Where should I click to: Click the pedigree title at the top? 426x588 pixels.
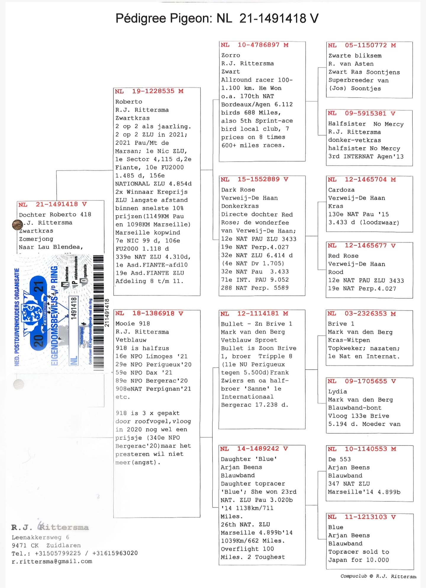217,18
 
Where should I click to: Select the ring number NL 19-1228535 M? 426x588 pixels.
149,91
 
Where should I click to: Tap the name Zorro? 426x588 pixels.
231,55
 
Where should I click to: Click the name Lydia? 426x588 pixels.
338,392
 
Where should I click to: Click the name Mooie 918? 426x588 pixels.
133,324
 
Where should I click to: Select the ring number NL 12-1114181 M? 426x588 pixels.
254,314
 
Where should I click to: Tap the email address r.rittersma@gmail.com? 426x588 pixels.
52,561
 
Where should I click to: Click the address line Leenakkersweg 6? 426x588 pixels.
41,537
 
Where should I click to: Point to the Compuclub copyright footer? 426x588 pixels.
378,576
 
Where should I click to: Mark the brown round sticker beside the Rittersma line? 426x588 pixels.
17,225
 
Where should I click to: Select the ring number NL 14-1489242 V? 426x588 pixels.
254,449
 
